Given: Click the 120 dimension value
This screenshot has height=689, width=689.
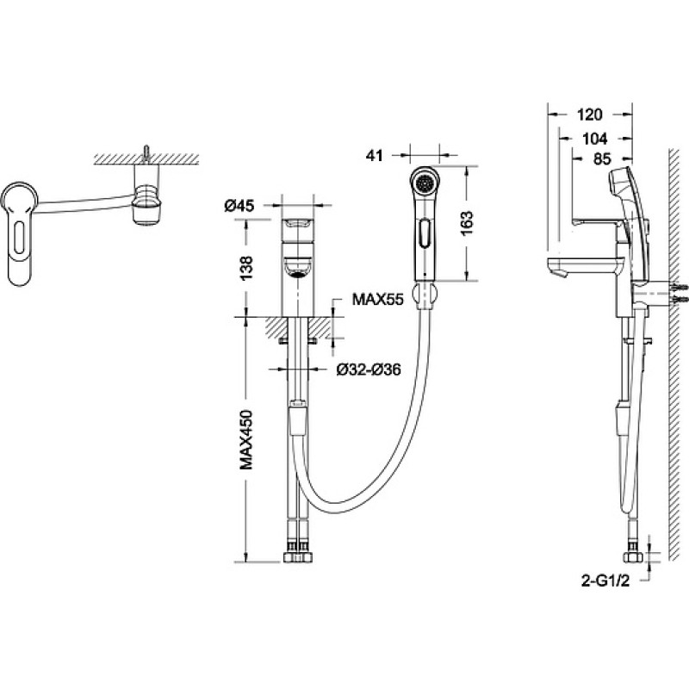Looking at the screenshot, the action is click(x=589, y=115).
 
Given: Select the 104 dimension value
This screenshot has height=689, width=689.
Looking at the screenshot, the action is click(x=594, y=139).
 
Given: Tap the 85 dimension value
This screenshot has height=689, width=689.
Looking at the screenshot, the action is click(x=601, y=159).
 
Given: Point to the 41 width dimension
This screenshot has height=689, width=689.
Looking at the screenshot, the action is click(x=374, y=156).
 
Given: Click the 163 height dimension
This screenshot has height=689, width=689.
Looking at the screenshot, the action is click(x=467, y=223).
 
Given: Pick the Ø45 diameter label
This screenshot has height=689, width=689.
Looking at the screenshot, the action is click(x=239, y=205).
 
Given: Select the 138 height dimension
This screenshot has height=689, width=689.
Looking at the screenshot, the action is click(x=246, y=268).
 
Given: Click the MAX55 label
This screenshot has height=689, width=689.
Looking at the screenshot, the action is click(x=377, y=300).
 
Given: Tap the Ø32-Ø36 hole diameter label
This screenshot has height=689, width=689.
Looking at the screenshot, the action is click(x=369, y=369).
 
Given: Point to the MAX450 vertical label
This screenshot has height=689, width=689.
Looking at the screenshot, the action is click(x=246, y=440).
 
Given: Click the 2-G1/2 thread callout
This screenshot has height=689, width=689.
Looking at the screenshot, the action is click(x=605, y=580).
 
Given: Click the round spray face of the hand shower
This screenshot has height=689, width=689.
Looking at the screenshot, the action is click(x=425, y=182).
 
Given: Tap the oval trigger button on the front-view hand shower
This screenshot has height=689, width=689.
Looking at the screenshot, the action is click(x=425, y=233).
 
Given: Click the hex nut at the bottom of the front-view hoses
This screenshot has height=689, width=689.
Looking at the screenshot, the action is click(x=298, y=558).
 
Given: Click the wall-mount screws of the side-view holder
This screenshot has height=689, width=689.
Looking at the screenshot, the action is click(x=679, y=294).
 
